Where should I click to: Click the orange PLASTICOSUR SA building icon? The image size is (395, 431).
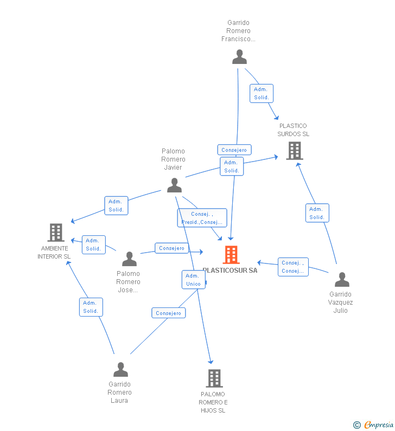point(231,254)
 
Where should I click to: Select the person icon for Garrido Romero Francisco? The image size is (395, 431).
point(239,57)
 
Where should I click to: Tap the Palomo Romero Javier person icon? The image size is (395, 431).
point(174,185)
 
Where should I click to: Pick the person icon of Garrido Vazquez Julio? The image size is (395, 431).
point(342,280)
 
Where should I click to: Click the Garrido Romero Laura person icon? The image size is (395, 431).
point(120,370)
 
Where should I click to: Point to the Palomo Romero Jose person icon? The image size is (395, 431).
point(129,259)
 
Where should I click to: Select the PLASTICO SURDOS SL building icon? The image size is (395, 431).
point(294,151)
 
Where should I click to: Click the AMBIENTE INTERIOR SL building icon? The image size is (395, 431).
point(56,233)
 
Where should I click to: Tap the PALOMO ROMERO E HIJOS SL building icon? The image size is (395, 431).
point(214,378)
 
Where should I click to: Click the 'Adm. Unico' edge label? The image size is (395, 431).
point(193,280)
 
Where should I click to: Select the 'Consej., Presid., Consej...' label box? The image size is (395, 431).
point(202,218)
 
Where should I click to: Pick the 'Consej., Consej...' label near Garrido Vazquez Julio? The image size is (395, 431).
point(293,267)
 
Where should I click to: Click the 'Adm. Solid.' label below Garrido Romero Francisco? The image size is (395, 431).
point(262,94)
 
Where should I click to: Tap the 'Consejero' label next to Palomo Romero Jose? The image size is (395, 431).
point(171,248)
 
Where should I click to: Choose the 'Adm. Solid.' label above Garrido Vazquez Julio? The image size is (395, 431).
point(317,213)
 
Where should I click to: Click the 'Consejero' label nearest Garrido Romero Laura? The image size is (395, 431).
point(168,313)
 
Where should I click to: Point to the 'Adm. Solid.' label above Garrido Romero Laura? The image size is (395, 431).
point(91,307)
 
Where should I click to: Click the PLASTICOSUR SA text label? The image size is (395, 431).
point(230,271)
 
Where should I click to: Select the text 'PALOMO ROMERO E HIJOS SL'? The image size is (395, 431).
point(213,402)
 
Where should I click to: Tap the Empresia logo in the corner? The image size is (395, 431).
point(374,424)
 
